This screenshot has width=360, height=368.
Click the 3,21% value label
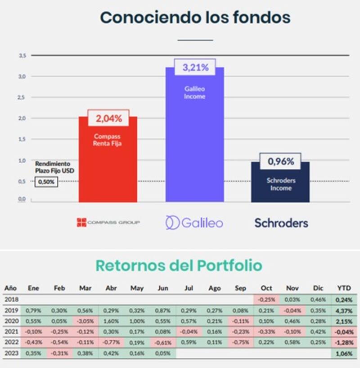coord(195,68)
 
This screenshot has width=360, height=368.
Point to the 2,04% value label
coord(108,119)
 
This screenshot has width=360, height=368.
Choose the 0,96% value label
coord(281,161)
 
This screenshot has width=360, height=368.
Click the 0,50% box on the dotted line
coord(45,182)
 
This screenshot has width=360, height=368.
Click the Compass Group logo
coord(108,222)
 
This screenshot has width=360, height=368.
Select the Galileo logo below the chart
coord(194,222)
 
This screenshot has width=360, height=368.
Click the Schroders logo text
coord(281,222)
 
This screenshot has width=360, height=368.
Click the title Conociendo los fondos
coord(195,18)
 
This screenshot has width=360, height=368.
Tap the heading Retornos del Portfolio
coord(179,265)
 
